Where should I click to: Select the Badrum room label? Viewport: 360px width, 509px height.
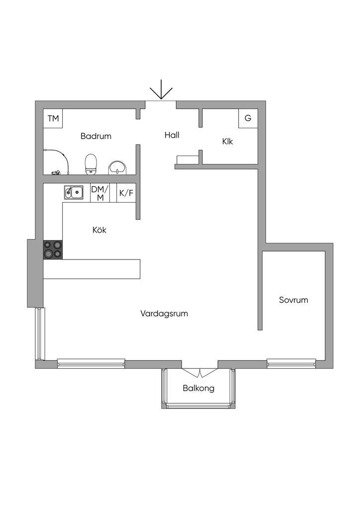[96, 136]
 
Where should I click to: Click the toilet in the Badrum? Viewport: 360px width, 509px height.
[90, 164]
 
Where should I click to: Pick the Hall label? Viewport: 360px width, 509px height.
[172, 135]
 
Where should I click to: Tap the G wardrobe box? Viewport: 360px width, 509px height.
[248, 118]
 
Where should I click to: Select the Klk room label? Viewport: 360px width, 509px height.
[228, 142]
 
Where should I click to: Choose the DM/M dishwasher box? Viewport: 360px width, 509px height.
[100, 193]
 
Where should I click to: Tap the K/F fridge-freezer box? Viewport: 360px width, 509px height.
[126, 193]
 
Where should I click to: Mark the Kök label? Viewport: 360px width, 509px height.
[99, 230]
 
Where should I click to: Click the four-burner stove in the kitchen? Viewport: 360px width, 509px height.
[53, 250]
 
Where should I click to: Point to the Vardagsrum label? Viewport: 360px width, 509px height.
[164, 314]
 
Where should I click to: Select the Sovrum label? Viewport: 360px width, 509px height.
[293, 300]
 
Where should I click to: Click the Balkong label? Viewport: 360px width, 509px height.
[198, 388]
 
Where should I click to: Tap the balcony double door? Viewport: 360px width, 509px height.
[199, 372]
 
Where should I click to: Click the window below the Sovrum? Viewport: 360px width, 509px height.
[292, 363]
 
